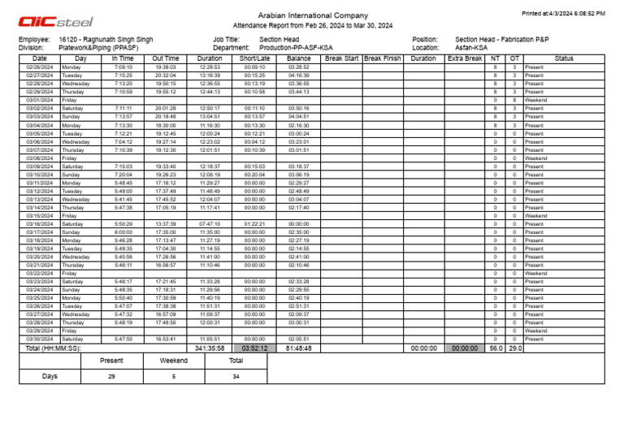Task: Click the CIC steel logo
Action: point(55,22)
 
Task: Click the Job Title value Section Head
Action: point(279,39)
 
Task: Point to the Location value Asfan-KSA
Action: point(471,48)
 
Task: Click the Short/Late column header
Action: point(255,58)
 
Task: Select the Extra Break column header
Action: point(465,58)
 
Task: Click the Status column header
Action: point(564,58)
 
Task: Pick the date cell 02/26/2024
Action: point(39,67)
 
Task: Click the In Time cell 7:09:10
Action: point(123,67)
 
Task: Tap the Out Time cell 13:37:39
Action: point(165,223)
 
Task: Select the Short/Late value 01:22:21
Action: point(255,223)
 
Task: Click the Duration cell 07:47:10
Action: point(210,223)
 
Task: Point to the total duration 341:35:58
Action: point(210,348)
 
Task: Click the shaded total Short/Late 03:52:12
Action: point(255,348)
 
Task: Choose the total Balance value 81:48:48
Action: point(299,348)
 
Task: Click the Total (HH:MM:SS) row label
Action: point(53,348)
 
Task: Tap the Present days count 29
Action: point(111,377)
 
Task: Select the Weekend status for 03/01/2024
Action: point(535,100)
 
